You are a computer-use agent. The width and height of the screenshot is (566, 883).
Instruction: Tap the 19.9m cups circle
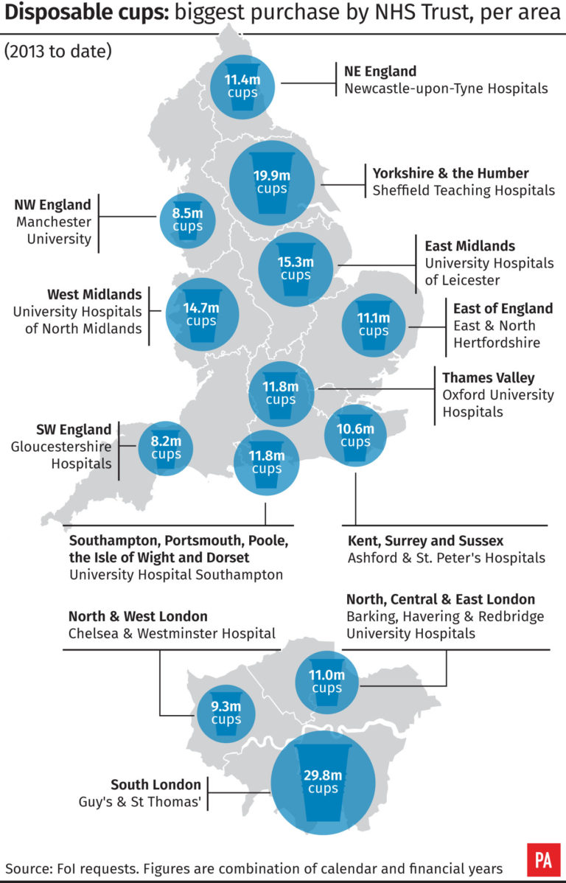pyautogui.click(x=272, y=182)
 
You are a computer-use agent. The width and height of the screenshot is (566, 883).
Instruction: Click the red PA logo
pyautogui.click(x=543, y=859)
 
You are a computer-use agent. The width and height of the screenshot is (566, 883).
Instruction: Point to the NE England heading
pyautogui.click(x=380, y=71)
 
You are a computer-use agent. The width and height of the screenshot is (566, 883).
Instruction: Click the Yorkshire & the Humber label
pyautogui.click(x=450, y=173)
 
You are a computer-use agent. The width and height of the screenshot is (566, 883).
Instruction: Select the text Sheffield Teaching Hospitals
pyautogui.click(x=464, y=190)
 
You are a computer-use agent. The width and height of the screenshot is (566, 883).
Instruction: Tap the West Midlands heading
pyautogui.click(x=94, y=295)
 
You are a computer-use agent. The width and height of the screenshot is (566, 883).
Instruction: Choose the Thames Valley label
pyautogui.click(x=488, y=377)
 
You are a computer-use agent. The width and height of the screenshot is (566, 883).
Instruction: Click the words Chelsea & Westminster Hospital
pyautogui.click(x=172, y=633)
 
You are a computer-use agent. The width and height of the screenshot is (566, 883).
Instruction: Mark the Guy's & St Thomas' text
pyautogui.click(x=139, y=801)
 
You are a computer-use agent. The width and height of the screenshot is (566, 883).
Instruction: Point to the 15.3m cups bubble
pyautogui.click(x=296, y=268)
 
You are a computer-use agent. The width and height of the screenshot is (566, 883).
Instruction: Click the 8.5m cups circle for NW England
pyautogui.click(x=187, y=219)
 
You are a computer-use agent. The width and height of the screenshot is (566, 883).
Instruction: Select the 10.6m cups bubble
pyautogui.click(x=355, y=435)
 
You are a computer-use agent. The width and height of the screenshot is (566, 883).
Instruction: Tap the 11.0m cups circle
pyautogui.click(x=326, y=681)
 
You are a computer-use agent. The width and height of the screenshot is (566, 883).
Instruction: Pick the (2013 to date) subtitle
pyautogui.click(x=57, y=52)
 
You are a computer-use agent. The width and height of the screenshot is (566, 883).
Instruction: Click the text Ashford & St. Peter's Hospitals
pyautogui.click(x=446, y=558)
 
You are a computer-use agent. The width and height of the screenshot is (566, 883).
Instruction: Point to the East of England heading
pyautogui.click(x=503, y=308)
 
